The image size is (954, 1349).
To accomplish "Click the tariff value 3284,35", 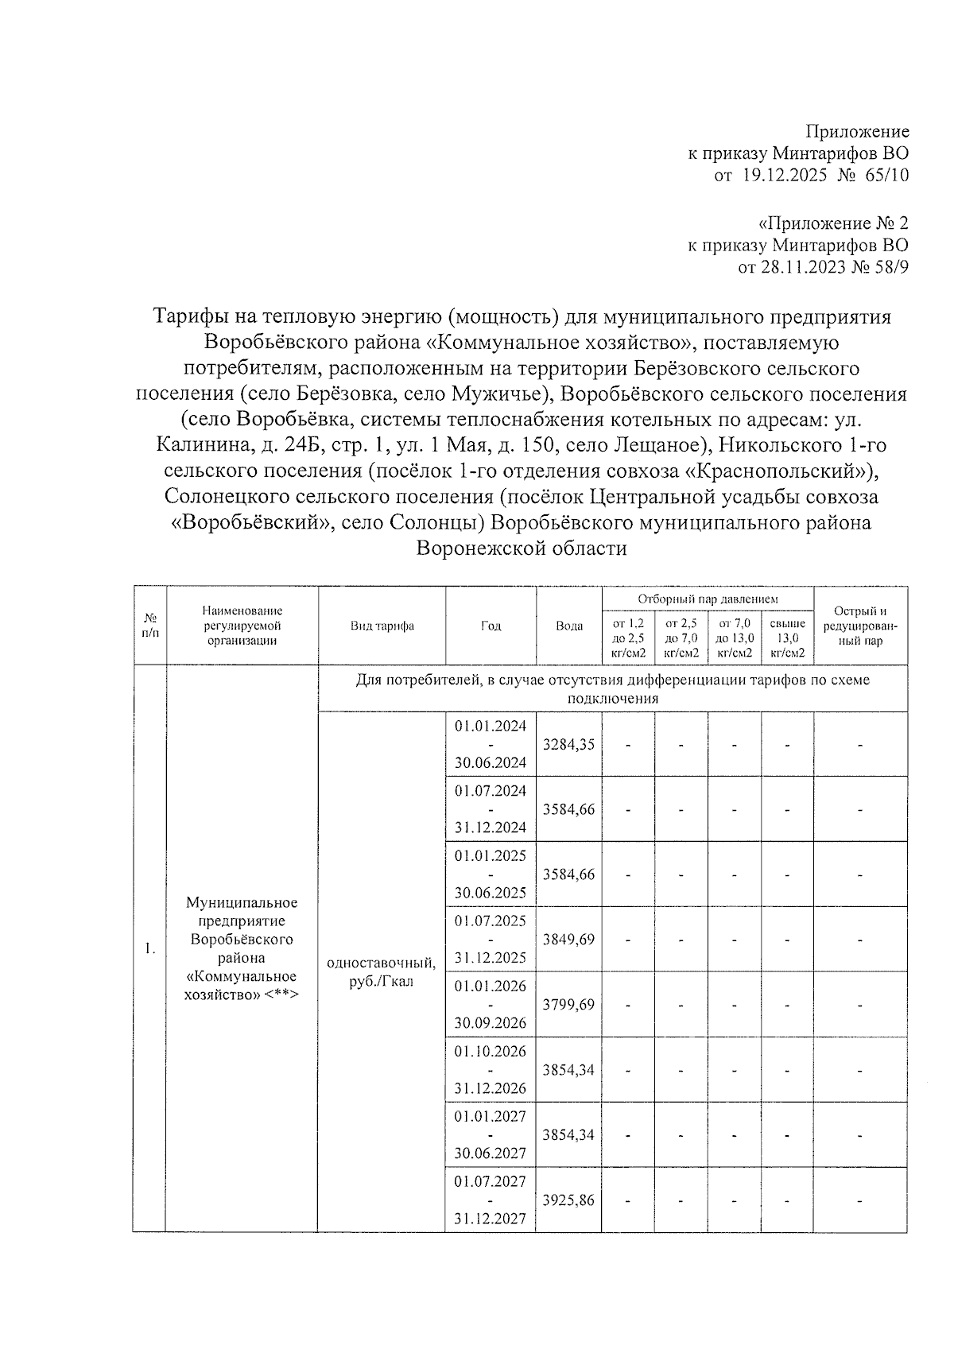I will coord(568,745).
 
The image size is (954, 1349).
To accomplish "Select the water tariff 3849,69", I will coord(568,939).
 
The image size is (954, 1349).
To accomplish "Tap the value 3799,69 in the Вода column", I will coord(568,1004).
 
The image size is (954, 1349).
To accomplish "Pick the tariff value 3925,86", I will coord(568,1200).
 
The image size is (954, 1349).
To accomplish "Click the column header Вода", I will coord(569,626).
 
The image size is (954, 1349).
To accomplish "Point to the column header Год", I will coord(491,626).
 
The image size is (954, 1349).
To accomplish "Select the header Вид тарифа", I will coord(382,626).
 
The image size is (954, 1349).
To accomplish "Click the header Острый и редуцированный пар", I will coord(860,626).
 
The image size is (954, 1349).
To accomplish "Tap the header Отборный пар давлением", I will coord(708,599).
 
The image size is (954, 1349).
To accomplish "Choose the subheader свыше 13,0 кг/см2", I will coord(787,638).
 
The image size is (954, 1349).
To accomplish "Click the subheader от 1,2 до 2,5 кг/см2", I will coord(628,638).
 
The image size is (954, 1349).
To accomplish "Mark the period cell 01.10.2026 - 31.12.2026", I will coord(491,1069).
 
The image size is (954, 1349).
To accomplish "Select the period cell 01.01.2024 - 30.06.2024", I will coord(491,744).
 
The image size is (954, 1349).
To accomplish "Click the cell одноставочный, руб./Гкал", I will coord(382,971).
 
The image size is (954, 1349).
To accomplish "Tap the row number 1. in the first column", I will coord(149,948).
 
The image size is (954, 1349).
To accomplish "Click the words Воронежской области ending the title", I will coord(522,549).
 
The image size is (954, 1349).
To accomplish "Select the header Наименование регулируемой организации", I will coord(242,626).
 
